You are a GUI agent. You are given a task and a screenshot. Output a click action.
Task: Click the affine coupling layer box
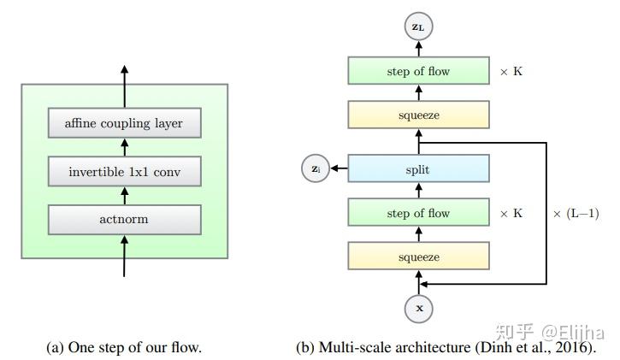coord(124,123)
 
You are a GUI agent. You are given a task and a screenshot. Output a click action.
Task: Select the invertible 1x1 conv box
coord(124,172)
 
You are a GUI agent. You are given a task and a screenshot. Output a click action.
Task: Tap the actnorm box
coord(124,220)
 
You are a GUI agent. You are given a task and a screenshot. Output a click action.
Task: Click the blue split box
coord(417,169)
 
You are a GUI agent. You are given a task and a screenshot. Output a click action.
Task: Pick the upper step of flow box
coord(417,72)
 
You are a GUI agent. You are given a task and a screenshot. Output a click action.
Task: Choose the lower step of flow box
coord(417,213)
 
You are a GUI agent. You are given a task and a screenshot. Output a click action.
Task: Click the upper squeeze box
coord(417,115)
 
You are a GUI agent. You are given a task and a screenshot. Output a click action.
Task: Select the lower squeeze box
coord(417,257)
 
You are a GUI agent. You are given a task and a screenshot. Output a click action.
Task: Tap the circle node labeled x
coord(418,308)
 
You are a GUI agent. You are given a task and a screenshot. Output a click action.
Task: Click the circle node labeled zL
coord(417,27)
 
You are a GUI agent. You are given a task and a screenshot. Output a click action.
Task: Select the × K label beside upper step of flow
coord(511,72)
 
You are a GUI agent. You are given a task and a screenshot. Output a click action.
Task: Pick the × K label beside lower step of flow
coord(511,213)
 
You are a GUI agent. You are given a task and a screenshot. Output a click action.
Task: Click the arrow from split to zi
coord(339,169)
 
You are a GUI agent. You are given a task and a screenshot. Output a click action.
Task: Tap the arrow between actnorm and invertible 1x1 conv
coord(124,196)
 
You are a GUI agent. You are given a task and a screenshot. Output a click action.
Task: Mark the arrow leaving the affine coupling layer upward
coord(124,86)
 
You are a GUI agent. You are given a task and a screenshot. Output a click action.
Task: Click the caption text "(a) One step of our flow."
coord(124,347)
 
